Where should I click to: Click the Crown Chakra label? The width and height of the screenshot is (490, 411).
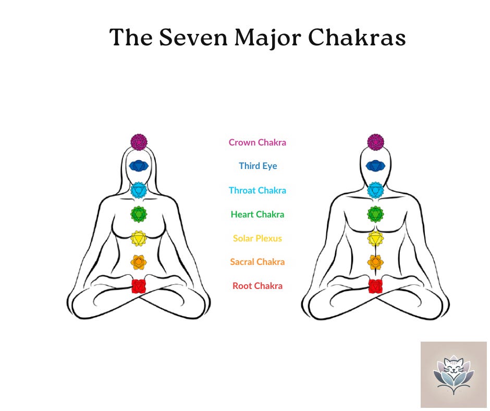point(258,142)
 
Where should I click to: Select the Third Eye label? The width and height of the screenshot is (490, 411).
point(258,166)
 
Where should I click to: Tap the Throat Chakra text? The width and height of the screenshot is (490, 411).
point(258,190)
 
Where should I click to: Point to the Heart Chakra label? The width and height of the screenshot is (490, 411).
point(258,214)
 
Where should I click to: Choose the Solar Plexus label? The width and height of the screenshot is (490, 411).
point(258,238)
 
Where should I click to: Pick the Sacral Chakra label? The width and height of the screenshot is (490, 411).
point(258,262)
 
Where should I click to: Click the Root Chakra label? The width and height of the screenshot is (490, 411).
point(258,286)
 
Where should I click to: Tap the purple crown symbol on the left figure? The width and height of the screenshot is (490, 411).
point(139,141)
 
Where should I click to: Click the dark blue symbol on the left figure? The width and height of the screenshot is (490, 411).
point(139,166)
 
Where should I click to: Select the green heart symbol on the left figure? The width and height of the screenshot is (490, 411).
point(139,213)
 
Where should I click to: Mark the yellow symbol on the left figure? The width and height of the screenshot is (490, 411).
point(139,238)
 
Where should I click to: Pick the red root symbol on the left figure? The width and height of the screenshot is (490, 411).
point(138,286)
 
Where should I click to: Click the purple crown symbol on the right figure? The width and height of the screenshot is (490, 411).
point(375,141)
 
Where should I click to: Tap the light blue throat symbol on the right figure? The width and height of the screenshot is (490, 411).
point(375,190)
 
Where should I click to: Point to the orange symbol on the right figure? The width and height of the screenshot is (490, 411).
point(375,262)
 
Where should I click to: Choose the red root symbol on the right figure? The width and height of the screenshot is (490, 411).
point(375,286)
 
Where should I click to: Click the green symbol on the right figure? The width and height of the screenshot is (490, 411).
point(375,213)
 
